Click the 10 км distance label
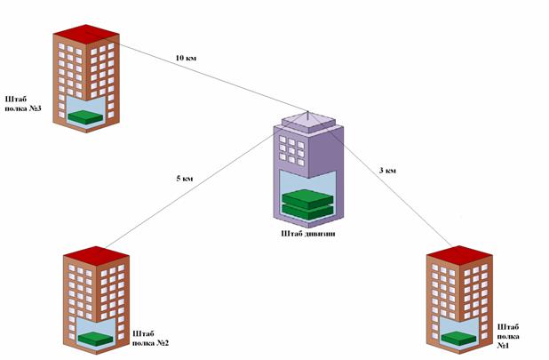point(186,59)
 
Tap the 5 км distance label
point(185,178)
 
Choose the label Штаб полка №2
point(149,337)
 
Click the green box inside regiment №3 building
point(86,117)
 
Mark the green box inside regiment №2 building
point(92,338)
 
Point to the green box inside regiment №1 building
point(457,338)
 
